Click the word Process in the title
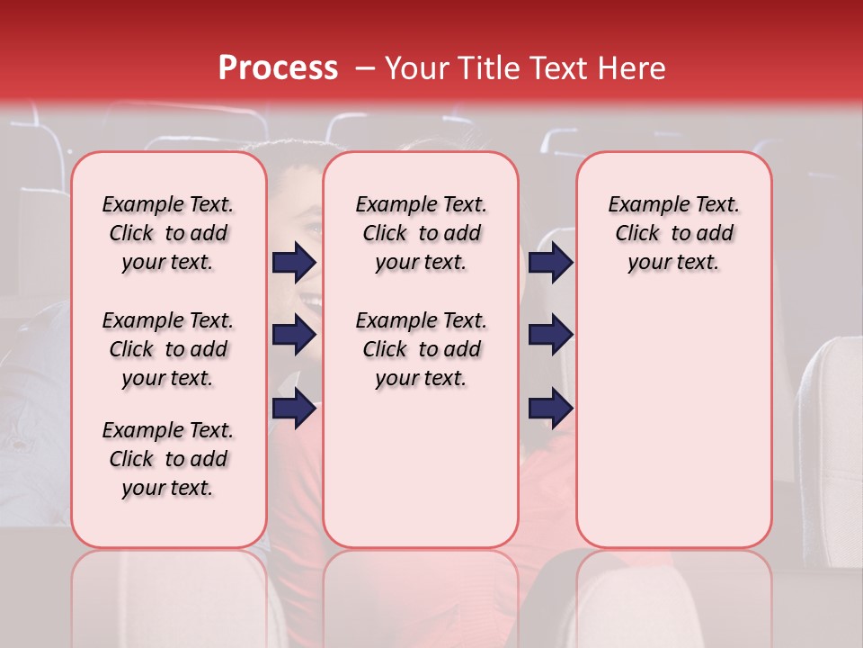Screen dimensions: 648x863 (278, 68)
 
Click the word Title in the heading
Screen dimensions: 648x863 (486, 68)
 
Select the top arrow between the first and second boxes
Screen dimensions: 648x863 (294, 263)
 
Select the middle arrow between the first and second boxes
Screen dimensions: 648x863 (294, 336)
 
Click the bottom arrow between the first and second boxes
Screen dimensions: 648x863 (294, 409)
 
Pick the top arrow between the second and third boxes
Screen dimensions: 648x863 (551, 263)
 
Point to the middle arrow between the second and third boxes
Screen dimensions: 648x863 (551, 336)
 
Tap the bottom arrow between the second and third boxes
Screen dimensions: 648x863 (551, 409)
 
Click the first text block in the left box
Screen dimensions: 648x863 (168, 233)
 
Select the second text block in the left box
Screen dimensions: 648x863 (168, 349)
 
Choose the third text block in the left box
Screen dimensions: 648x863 (168, 459)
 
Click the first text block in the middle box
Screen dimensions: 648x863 (421, 233)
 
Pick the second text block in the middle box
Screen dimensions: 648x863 (421, 349)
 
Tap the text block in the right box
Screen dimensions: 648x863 (673, 233)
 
